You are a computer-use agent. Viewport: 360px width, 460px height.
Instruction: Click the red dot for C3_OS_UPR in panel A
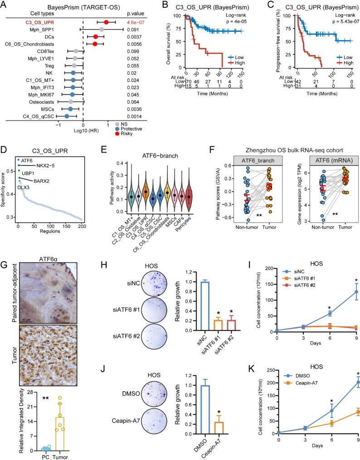tap(106, 22)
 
